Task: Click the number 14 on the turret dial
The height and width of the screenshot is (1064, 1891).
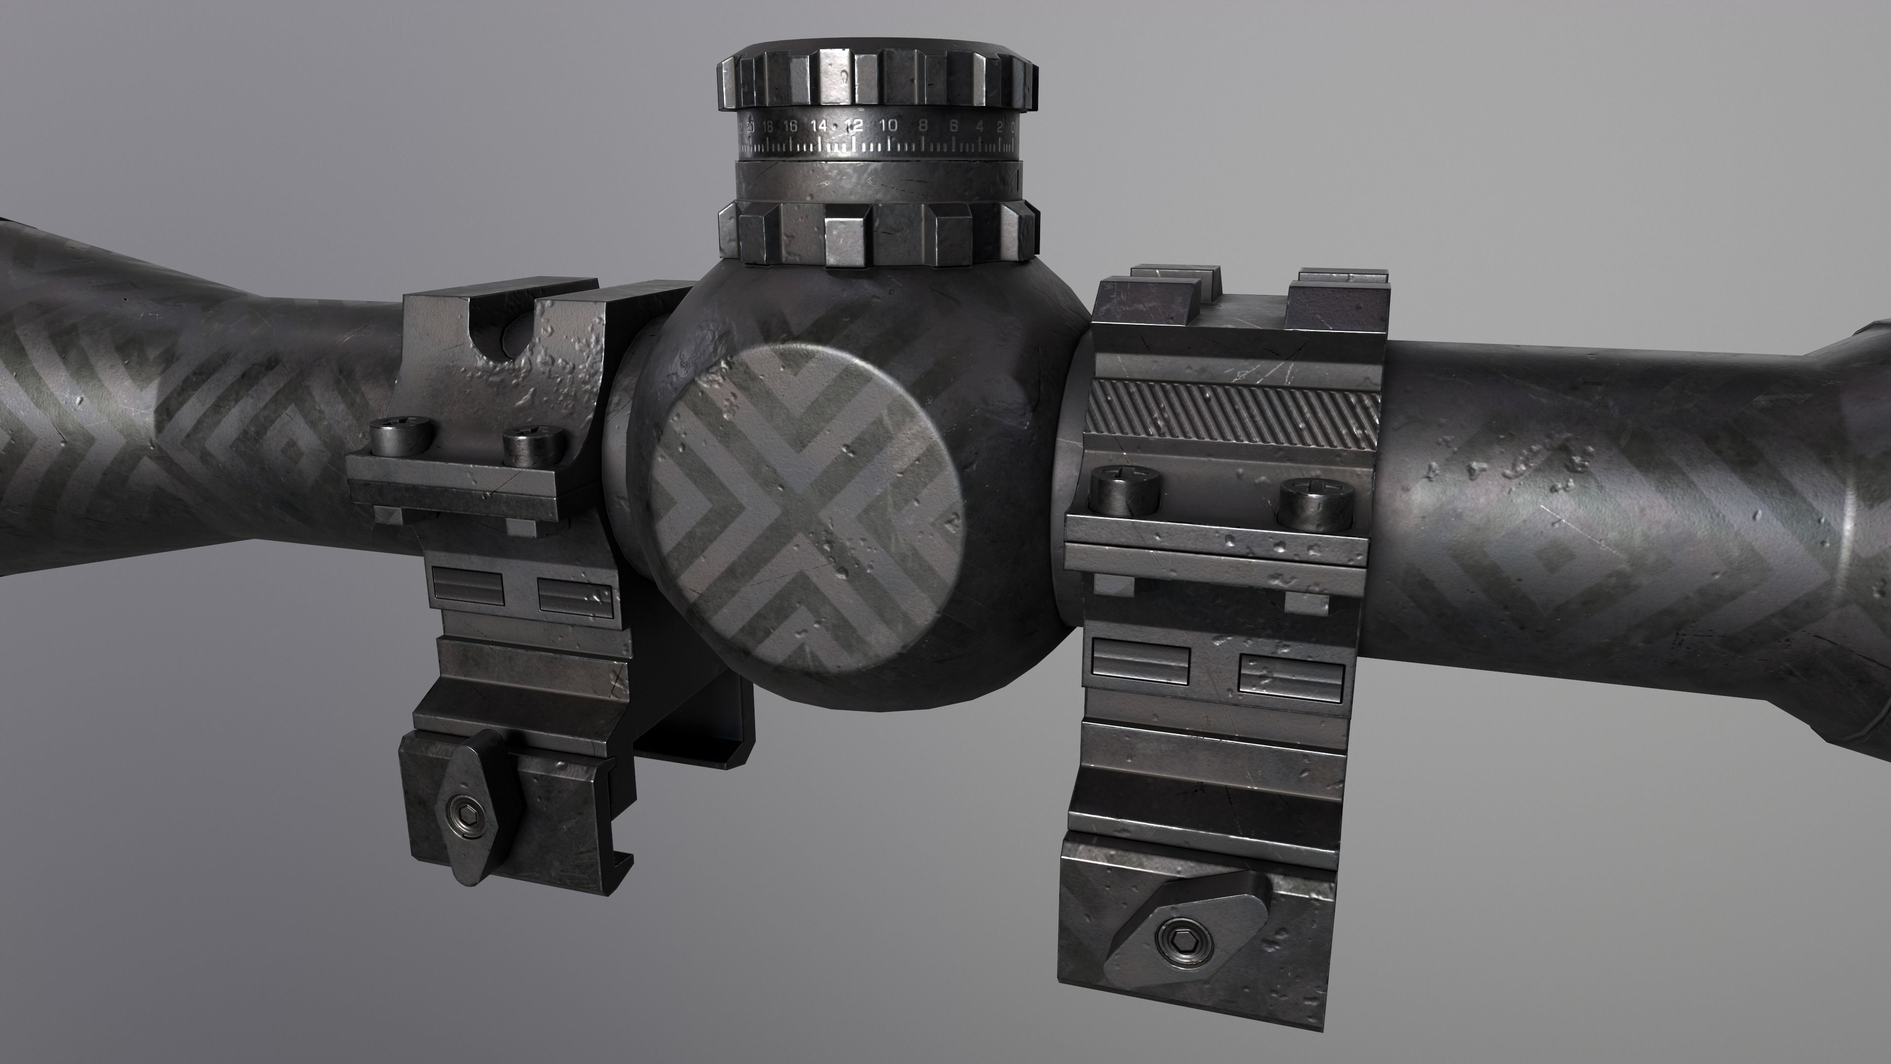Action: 818,126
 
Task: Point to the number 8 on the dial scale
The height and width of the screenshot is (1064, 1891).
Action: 923,126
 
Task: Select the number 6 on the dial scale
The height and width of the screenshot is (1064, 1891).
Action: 953,126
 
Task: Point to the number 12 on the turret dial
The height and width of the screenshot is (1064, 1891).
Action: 853,126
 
